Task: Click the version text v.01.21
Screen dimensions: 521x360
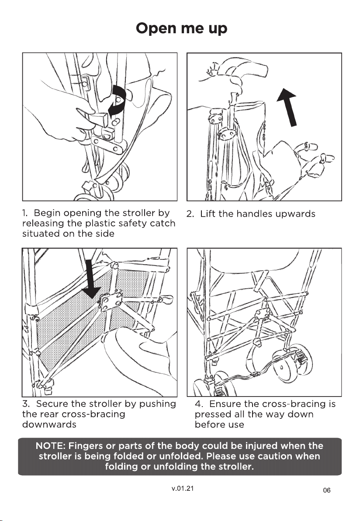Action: [x=180, y=488]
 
